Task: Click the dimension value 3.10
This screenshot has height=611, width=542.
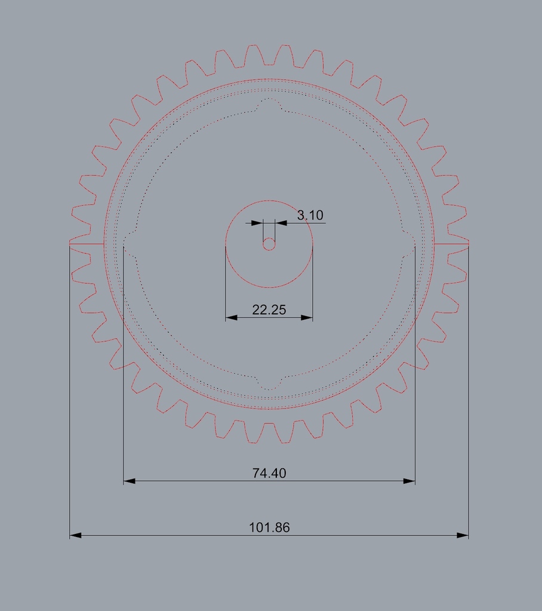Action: tap(310, 215)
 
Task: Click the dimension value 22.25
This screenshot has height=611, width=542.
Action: tap(269, 310)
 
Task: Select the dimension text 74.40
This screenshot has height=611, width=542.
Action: tap(269, 473)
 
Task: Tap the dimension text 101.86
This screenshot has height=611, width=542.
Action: tap(269, 527)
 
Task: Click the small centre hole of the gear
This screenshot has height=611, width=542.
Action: tap(269, 244)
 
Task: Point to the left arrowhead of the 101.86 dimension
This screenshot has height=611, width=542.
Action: tap(75, 535)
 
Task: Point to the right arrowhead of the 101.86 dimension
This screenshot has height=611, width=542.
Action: tap(463, 535)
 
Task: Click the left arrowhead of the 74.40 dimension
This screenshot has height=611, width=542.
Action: tap(130, 482)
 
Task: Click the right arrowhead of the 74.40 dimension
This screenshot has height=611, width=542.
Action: tap(409, 482)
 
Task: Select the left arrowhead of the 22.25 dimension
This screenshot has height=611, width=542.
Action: tap(232, 317)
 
